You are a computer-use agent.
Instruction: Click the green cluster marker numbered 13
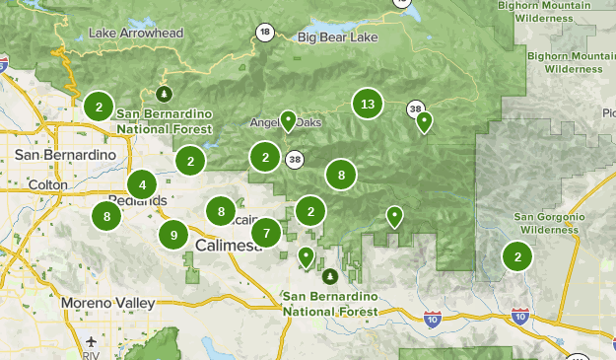(x=368, y=104)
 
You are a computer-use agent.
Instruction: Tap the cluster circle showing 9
(x=173, y=235)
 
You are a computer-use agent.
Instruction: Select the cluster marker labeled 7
(x=265, y=234)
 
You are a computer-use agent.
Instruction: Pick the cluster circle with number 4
(x=143, y=184)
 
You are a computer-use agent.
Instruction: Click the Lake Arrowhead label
(x=136, y=33)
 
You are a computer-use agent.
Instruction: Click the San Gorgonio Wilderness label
(x=550, y=223)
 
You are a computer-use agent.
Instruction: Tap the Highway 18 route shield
(x=265, y=33)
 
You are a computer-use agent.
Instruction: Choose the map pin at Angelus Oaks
(x=288, y=120)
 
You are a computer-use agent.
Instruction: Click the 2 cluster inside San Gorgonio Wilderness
(x=516, y=256)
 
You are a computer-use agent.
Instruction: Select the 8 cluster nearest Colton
(x=106, y=216)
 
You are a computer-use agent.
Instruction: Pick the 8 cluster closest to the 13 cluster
(x=341, y=175)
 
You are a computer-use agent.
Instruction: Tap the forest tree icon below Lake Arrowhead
(x=165, y=94)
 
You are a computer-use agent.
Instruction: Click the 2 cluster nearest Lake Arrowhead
(x=98, y=106)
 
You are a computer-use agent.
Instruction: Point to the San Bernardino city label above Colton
(x=65, y=155)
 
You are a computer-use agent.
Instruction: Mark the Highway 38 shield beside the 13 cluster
(x=415, y=108)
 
